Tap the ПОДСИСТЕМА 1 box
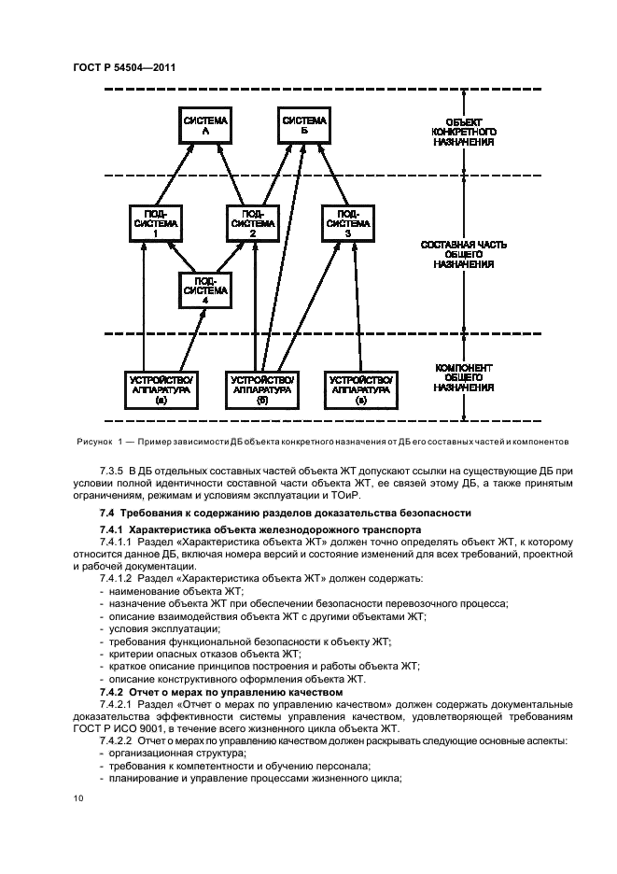tap(155, 224)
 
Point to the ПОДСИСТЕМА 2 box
tap(254, 224)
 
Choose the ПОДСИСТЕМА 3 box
tap(347, 224)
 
